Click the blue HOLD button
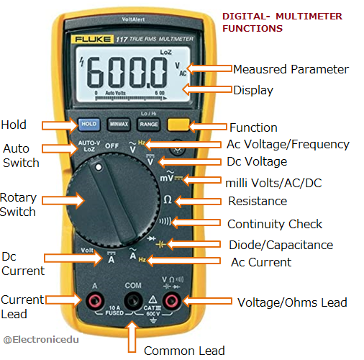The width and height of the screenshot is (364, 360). tap(89, 125)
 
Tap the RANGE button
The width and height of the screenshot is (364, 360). tap(149, 125)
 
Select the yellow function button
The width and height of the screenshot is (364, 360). tap(178, 124)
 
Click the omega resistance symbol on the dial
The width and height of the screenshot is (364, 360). tap(168, 199)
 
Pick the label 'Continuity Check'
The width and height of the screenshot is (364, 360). tap(275, 224)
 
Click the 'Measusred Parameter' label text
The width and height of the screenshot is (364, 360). tap(291, 69)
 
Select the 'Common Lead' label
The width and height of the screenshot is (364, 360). tap(184, 351)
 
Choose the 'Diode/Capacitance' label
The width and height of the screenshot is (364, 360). tap(280, 245)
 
